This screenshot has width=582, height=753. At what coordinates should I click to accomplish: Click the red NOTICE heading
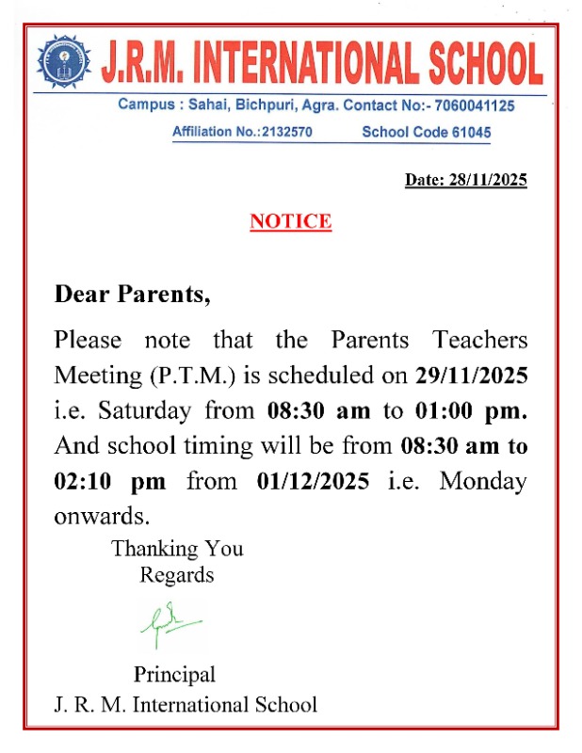pos(290,222)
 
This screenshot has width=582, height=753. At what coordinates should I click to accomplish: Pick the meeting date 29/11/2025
pos(471,375)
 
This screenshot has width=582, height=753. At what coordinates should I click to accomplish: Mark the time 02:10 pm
pos(109,481)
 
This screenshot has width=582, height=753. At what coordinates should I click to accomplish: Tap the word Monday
pos(483,481)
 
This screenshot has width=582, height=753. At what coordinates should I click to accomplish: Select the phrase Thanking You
pos(177,548)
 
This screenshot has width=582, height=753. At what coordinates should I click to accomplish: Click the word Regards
pos(177,574)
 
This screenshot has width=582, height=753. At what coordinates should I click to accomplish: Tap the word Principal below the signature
pos(174,674)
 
